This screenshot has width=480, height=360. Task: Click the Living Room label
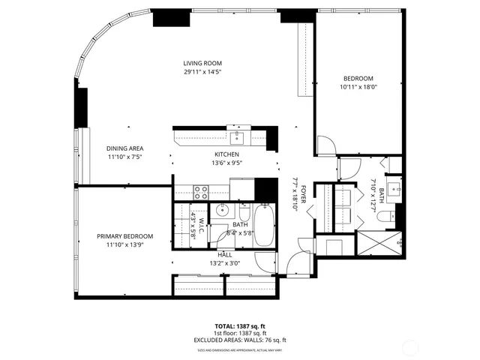point(202,63)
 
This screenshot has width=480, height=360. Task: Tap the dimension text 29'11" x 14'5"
point(202,72)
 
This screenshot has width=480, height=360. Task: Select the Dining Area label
point(124,148)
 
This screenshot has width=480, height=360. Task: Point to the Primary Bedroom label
point(124,236)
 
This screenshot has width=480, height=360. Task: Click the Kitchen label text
point(226,154)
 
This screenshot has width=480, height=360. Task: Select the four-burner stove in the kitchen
point(201,190)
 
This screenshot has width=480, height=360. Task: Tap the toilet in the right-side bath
point(382,217)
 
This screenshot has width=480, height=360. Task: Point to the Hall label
point(225,255)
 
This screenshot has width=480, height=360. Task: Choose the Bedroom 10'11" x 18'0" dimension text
point(358,87)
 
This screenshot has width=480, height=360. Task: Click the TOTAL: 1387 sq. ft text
point(240,326)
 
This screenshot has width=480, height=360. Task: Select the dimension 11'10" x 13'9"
point(124,245)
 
